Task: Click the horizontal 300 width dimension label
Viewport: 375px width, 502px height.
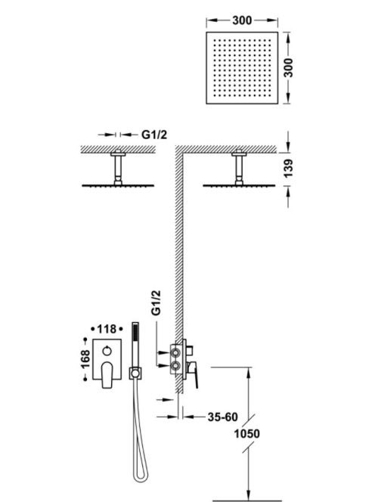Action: click(x=242, y=20)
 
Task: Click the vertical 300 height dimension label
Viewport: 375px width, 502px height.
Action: click(x=289, y=67)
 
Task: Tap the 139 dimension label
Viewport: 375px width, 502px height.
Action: click(x=289, y=169)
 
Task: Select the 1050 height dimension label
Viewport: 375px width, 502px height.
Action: click(x=247, y=434)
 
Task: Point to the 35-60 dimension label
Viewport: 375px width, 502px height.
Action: click(x=223, y=417)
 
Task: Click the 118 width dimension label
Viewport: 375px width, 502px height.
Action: click(x=107, y=329)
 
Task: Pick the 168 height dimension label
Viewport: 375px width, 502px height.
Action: click(x=85, y=359)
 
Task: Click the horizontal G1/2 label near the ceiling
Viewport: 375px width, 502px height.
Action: click(x=154, y=135)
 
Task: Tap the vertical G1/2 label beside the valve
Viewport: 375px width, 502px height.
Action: click(x=156, y=302)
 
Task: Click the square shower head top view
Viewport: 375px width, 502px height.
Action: click(x=242, y=68)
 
